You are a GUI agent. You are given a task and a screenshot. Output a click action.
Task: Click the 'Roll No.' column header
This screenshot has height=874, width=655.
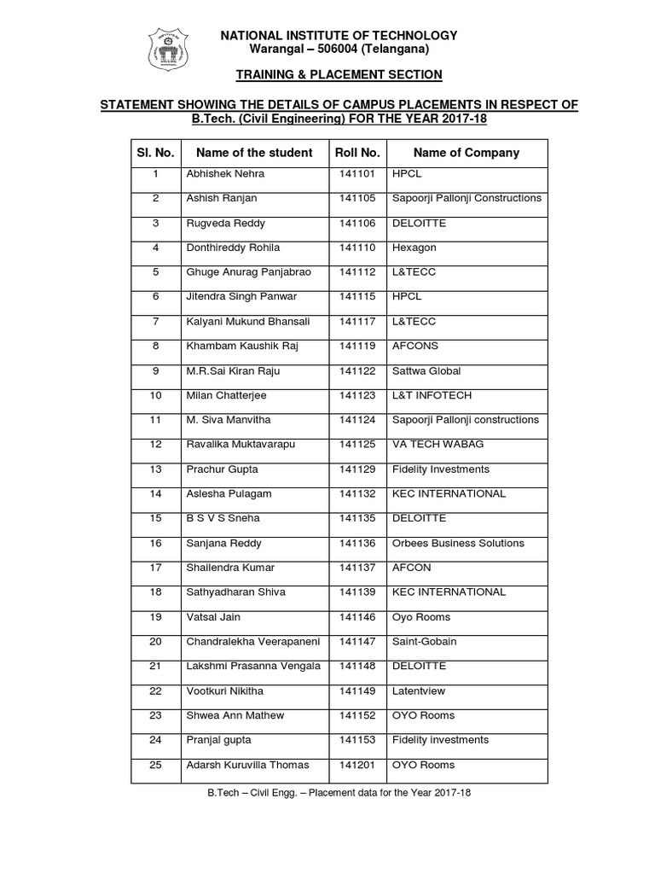[357, 153]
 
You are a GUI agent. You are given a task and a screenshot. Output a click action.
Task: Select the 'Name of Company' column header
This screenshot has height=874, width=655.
[466, 153]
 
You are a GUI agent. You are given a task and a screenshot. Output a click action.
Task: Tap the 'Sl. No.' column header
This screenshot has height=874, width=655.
[155, 153]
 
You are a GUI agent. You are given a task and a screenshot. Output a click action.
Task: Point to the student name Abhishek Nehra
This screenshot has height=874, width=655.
[225, 174]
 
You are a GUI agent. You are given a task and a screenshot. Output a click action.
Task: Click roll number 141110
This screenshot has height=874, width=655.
[357, 248]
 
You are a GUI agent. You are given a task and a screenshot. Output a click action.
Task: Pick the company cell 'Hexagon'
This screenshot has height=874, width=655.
[414, 248]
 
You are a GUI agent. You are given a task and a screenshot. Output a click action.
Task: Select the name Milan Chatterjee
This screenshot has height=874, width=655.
[226, 396]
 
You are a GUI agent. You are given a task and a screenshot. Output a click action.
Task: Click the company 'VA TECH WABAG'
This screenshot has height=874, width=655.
[430, 445]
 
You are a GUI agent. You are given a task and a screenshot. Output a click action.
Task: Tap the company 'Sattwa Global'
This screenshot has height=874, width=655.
[426, 371]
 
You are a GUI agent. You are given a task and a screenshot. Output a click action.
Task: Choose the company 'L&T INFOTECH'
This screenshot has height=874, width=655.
[432, 396]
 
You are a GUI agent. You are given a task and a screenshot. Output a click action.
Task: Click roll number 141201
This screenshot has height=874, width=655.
[357, 765]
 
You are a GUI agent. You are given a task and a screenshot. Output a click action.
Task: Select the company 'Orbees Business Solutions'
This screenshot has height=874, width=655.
[458, 544]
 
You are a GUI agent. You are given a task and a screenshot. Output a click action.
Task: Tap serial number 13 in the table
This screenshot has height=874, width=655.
[155, 469]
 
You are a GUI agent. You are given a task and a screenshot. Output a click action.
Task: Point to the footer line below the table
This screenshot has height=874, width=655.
[339, 792]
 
